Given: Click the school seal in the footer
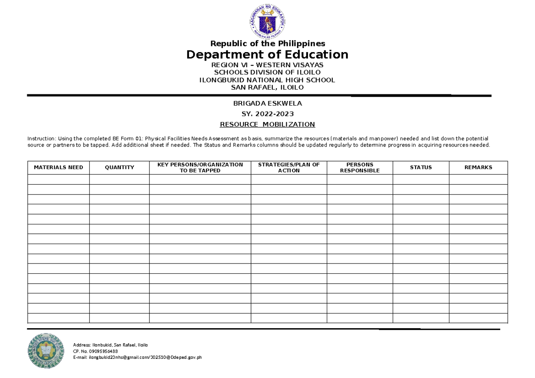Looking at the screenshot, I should tap(46, 351).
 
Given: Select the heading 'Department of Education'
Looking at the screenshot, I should tap(267, 55).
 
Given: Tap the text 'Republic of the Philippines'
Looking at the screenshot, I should tap(267, 44).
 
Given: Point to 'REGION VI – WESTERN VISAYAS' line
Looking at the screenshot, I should tap(267, 65).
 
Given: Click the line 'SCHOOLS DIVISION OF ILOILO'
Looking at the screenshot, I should tap(267, 72).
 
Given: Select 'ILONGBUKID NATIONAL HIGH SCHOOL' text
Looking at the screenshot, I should tap(267, 80).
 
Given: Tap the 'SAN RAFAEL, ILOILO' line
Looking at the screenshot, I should tap(267, 87).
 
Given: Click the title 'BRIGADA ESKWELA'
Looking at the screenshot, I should tap(267, 103).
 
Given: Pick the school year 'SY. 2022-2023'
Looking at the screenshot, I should tap(267, 114).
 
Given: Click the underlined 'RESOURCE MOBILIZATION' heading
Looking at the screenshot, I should tap(267, 124).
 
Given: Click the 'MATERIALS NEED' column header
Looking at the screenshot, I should tap(58, 167).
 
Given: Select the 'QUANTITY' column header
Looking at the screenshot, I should tap(119, 167).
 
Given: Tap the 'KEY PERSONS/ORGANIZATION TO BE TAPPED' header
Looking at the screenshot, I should tap(200, 167).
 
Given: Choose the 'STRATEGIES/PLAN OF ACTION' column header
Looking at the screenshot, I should tap(288, 167).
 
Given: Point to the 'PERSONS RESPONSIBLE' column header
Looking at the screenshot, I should tap(359, 167).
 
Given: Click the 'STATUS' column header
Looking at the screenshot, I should tap(420, 167).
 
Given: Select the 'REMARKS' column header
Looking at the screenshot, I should tap(478, 167).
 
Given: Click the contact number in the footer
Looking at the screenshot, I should tap(95, 351).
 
